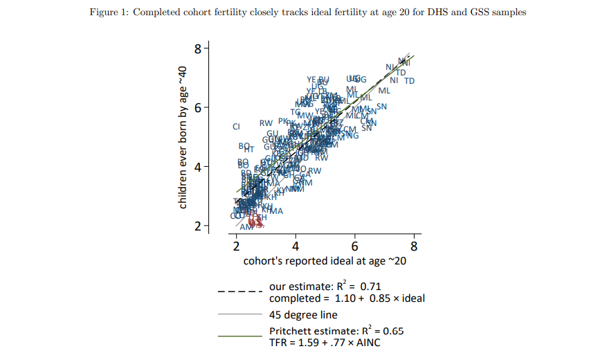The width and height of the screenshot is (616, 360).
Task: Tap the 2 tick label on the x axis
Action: (237, 246)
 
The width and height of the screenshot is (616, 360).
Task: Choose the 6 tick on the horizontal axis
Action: (355, 246)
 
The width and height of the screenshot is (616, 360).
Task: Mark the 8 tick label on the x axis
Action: (414, 246)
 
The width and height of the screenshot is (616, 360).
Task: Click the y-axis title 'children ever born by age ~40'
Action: (183, 137)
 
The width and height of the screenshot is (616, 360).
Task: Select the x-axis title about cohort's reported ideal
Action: (324, 262)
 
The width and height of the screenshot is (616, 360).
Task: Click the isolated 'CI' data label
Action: (236, 127)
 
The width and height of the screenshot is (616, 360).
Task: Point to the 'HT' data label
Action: (250, 150)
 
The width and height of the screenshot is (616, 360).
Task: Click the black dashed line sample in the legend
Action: (239, 291)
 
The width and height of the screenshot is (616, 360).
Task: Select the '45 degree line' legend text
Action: (303, 314)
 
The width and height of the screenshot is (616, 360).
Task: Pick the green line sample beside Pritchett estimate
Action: (239, 336)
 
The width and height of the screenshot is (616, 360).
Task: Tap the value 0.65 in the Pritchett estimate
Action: (391, 331)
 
